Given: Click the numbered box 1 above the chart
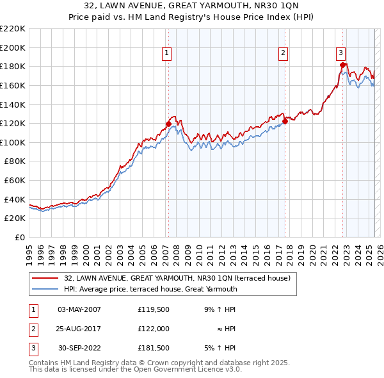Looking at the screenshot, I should pos(166,54).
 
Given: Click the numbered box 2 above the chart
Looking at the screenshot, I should pos(283,54).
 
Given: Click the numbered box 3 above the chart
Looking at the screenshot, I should pos(340,54).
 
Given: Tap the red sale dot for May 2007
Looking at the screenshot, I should pos(168,124).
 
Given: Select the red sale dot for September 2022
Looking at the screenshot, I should pos(343,65).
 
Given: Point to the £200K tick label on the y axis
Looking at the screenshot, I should pos(13,47).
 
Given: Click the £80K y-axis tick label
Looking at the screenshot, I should pos(15,161).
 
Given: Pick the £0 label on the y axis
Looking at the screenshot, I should pos(20,237).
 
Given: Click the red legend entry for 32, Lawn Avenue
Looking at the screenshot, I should pos(177,278).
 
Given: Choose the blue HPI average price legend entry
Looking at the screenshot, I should pos(150,289).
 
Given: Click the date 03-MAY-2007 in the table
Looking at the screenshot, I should pos(79,310).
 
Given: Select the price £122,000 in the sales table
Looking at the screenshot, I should pos(153,329).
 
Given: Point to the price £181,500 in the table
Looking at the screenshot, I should pos(153,349).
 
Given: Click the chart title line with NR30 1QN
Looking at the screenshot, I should pos(192,6).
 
